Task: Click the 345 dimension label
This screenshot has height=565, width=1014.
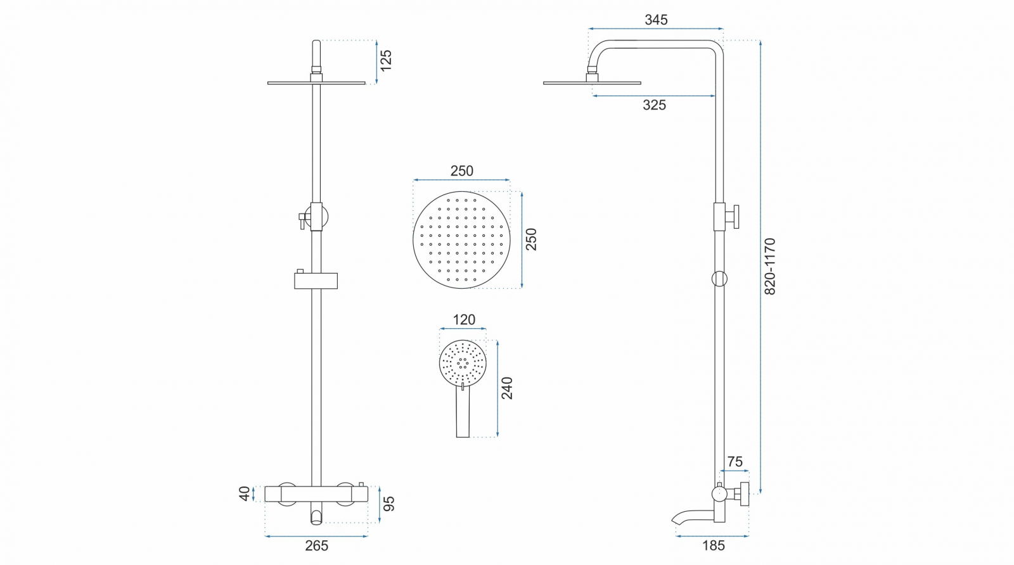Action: (656, 20)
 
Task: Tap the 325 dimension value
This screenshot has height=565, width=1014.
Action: (654, 105)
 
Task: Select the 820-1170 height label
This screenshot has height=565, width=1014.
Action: (769, 267)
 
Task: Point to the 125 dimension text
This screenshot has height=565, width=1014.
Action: (386, 60)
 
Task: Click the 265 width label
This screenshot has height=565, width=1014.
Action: (316, 546)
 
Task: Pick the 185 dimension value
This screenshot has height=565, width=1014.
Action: (714, 546)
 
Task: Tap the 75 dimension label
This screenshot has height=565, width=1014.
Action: (735, 462)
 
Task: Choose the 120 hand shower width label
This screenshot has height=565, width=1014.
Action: (463, 320)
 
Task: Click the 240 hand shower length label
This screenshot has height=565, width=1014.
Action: (507, 388)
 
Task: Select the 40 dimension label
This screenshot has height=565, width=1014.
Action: (245, 493)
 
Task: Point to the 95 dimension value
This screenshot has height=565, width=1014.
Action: (389, 504)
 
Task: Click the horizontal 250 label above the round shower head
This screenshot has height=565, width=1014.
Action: (461, 171)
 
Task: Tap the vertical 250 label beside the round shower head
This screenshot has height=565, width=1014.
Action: (531, 239)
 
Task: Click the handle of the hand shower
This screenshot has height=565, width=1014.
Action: (463, 412)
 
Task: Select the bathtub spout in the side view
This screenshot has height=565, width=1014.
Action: (693, 517)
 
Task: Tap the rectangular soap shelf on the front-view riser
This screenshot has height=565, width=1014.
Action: (316, 281)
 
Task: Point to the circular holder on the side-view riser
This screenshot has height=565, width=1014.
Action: (719, 279)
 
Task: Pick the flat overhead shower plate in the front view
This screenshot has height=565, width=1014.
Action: (316, 83)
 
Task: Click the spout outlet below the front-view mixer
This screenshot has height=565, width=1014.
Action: (316, 516)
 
